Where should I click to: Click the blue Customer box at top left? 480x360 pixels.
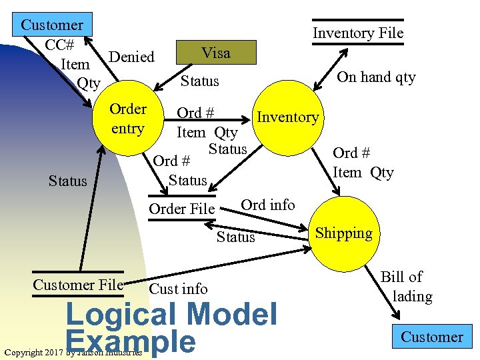point(53,25)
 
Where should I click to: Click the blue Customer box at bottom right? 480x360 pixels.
point(431,337)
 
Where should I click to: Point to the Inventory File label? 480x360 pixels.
point(358,33)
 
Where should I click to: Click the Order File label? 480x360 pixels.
point(182,209)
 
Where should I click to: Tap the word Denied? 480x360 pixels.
point(131,57)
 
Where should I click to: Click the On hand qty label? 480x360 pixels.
point(376,77)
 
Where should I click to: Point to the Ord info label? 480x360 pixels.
point(267,205)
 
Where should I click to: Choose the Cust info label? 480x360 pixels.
point(179,289)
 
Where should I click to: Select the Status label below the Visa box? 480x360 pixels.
point(200,81)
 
